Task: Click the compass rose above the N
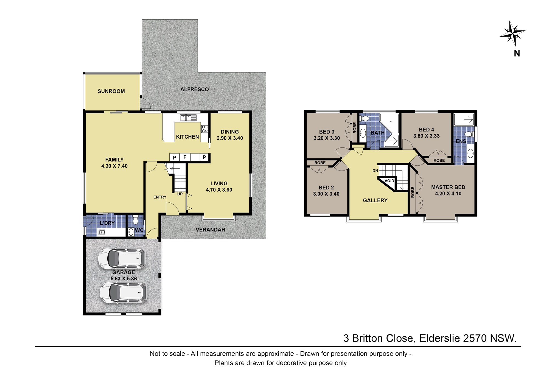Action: tap(512, 33)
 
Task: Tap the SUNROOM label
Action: tap(111, 91)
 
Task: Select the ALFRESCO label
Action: tap(195, 89)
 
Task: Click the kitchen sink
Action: tap(188, 118)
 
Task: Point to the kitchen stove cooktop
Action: tap(205, 129)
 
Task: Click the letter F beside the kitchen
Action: tap(185, 157)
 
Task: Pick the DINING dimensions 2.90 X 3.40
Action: tap(230, 138)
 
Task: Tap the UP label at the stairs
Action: tap(180, 194)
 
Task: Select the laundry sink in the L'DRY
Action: tap(102, 232)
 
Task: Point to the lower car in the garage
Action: tap(123, 293)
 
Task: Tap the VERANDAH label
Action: tap(210, 230)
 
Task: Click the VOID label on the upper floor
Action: tap(389, 181)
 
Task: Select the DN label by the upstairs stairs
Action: tap(375, 171)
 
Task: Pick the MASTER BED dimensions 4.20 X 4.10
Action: tap(448, 194)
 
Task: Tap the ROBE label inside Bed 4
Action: tap(439, 160)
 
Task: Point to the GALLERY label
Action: tap(375, 200)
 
